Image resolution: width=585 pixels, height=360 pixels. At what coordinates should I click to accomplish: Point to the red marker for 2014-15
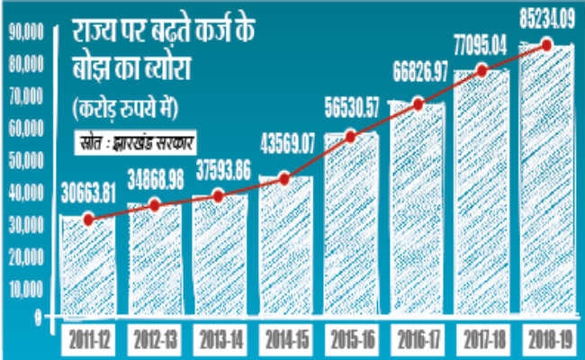pos(284,178)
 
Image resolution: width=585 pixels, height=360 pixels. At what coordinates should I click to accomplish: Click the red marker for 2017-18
pos(481,70)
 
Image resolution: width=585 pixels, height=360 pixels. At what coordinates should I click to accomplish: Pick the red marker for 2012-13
pos(154,205)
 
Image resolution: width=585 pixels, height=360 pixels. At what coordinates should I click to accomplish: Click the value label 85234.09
pos(543,14)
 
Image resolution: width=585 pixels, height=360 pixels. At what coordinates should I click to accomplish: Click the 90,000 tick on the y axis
pos(24,33)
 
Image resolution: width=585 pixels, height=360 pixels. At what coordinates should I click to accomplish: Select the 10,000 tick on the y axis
pos(24,287)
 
